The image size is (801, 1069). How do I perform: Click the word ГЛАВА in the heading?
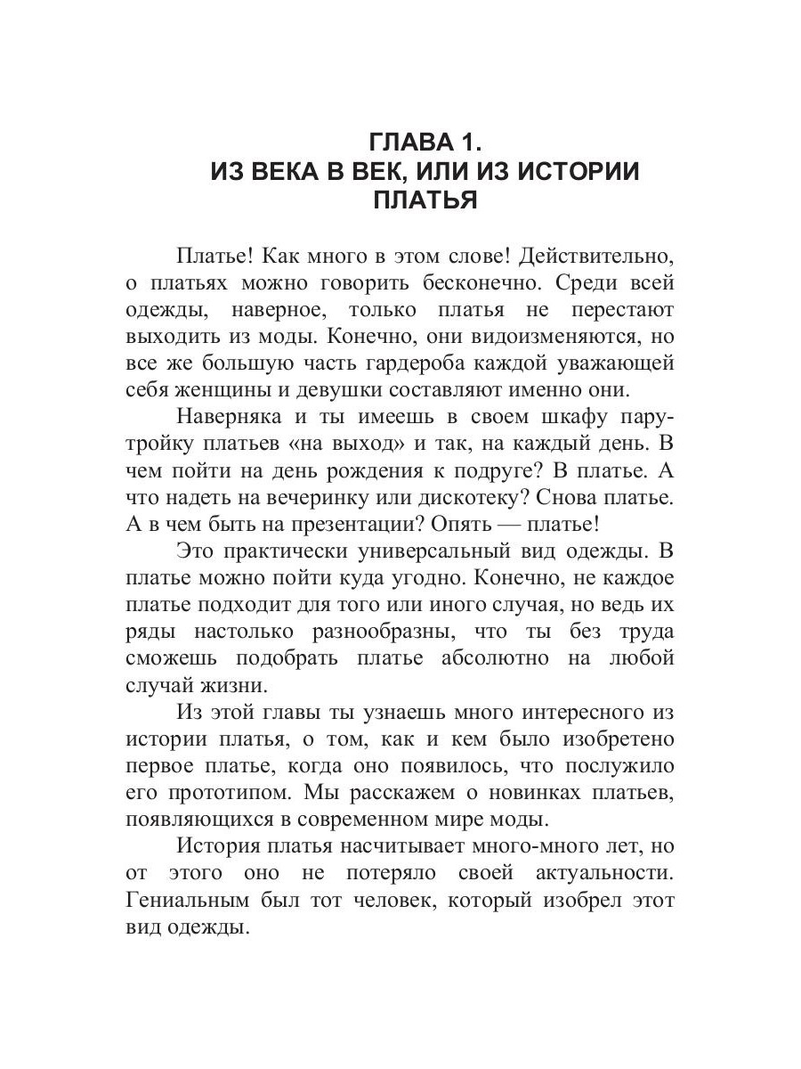(x=406, y=143)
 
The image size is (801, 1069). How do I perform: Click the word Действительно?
(x=595, y=257)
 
